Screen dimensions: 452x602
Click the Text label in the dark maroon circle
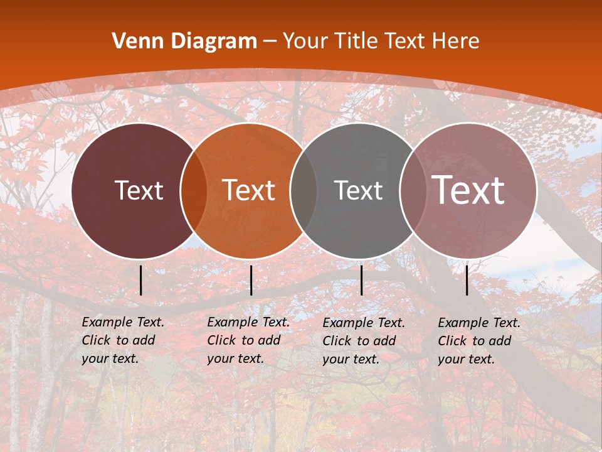point(139,190)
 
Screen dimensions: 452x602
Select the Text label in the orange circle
point(249,190)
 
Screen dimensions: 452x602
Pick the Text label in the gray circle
point(358,190)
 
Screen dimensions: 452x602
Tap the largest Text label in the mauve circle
point(468,190)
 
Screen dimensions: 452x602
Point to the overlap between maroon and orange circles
point(194,190)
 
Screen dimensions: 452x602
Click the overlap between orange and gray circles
point(304,190)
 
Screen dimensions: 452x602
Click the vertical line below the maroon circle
point(141,281)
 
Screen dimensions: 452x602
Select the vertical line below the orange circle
point(251,281)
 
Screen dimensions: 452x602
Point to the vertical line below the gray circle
point(361,281)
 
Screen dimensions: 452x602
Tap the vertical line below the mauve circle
point(467,281)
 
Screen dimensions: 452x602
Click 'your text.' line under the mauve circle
point(466,360)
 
